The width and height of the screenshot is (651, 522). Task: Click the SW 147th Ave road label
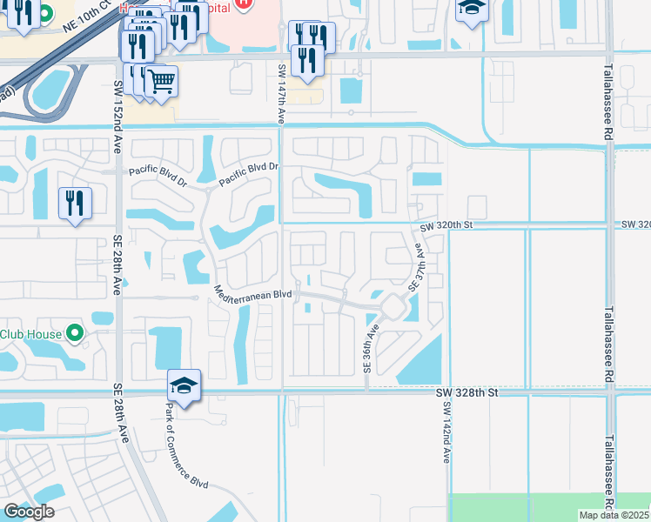point(282,93)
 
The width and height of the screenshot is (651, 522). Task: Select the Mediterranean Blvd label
point(252,294)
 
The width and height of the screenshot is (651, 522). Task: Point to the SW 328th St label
point(466,393)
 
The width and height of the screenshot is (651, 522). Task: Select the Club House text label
point(31,333)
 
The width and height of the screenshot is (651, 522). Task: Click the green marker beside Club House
point(75,332)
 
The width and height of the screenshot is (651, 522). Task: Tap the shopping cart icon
point(161,82)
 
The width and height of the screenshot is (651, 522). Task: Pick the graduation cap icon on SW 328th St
point(185,385)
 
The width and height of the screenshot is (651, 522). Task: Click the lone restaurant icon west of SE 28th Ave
point(75,203)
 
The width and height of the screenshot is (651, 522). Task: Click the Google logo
point(29,512)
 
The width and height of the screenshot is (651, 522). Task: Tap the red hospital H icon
point(245,4)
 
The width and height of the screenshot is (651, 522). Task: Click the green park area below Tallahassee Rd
point(548,506)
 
